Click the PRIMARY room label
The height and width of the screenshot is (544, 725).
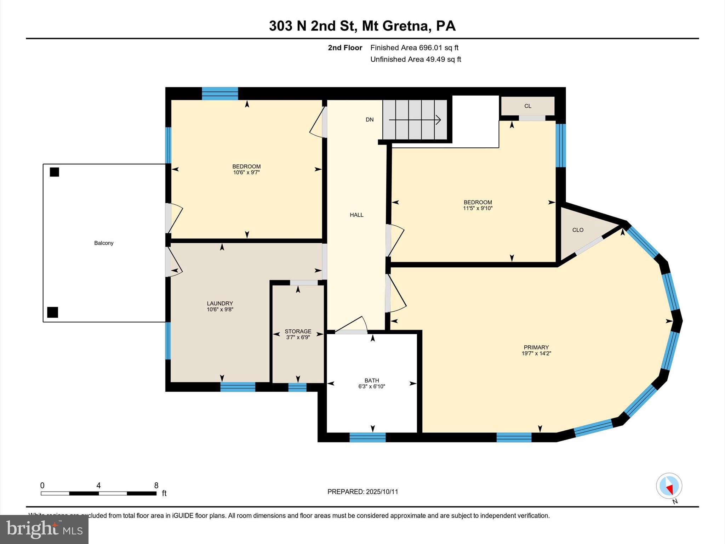coord(536,347)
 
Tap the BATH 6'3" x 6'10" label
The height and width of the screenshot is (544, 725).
coord(372,384)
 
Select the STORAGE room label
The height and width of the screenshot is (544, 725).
coord(298,331)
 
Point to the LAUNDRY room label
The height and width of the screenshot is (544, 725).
coord(220,304)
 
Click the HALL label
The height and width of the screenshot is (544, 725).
coord(356,215)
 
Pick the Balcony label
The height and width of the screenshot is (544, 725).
coord(104,243)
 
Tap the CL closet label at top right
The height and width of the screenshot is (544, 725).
coord(527,106)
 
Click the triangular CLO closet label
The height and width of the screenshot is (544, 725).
coord(578,230)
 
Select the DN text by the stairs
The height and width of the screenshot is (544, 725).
coord(370,120)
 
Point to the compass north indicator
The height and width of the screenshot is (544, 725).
coord(669,486)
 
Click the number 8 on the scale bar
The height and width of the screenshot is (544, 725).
coord(156,486)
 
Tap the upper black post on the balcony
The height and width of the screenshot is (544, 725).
coord(54,172)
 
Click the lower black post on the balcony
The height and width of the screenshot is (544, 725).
coord(52,312)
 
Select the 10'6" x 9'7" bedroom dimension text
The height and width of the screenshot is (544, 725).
coord(246,172)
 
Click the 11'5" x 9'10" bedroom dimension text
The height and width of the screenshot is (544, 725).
coord(478,208)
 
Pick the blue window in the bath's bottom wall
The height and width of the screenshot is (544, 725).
coord(367,437)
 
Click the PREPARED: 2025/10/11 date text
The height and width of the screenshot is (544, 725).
coord(362,492)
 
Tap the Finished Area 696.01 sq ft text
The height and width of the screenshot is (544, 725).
coord(414,48)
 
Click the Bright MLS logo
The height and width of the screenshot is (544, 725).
coord(44,529)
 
